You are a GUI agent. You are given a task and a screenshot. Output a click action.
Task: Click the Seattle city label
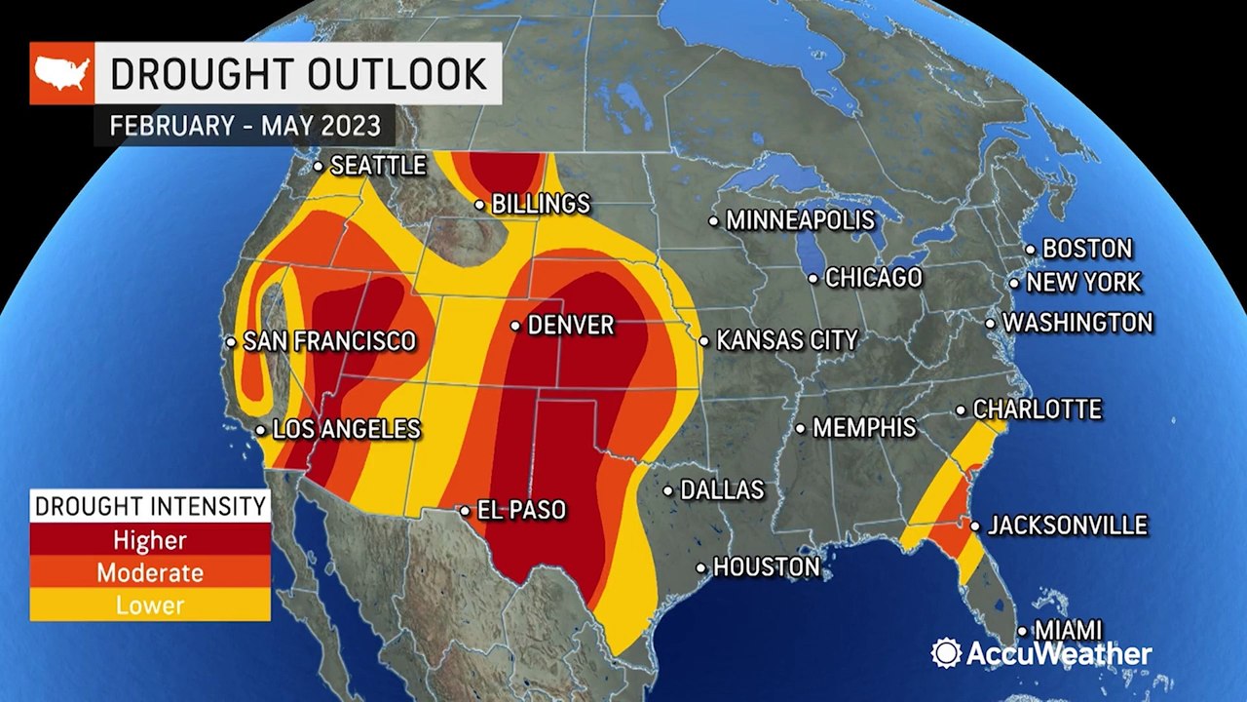pyautogui.click(x=378, y=166)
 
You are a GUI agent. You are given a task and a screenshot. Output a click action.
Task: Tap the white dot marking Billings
pyautogui.click(x=479, y=205)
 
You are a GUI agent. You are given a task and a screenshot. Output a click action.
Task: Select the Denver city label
pyautogui.click(x=570, y=325)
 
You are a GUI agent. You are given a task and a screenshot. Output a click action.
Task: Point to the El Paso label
pyautogui.click(x=520, y=510)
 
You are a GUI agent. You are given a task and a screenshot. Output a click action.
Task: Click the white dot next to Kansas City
pyautogui.click(x=703, y=340)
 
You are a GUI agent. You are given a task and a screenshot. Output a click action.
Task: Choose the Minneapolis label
pyautogui.click(x=801, y=221)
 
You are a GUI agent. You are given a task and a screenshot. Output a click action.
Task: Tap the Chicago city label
pyautogui.click(x=873, y=278)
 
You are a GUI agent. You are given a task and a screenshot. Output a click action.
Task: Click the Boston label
pyautogui.click(x=1087, y=249)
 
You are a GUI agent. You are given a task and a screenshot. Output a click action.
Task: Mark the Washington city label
pyautogui.click(x=1077, y=322)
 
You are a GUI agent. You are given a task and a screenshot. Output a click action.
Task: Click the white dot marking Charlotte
pyautogui.click(x=961, y=410)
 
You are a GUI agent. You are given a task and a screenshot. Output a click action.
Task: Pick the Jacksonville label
pyautogui.click(x=1067, y=526)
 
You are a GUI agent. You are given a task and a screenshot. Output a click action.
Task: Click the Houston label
pyautogui.click(x=766, y=566)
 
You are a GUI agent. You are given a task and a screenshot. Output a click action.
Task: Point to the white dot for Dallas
pyautogui.click(x=668, y=490)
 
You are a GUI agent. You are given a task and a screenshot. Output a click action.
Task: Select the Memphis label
pyautogui.click(x=863, y=427)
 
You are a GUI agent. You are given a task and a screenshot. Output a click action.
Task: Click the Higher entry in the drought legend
pyautogui.click(x=149, y=539)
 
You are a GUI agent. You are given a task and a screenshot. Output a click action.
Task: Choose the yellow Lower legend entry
pyautogui.click(x=149, y=605)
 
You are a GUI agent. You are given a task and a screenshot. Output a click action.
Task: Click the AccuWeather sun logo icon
pyautogui.click(x=946, y=653)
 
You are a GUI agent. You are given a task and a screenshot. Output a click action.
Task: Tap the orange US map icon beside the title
pyautogui.click(x=61, y=73)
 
